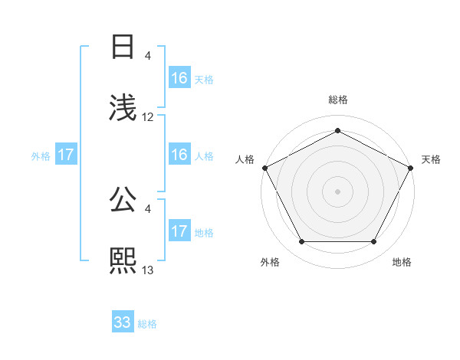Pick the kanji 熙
pyautogui.click(x=123, y=260)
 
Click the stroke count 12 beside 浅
pyautogui.click(x=148, y=117)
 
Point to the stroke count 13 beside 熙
pyautogui.click(x=148, y=270)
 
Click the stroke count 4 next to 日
pyautogui.click(x=148, y=56)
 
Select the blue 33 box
pyautogui.click(x=123, y=322)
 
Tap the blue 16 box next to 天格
pyautogui.click(x=179, y=78)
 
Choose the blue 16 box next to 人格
pyautogui.click(x=179, y=155)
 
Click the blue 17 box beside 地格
pyautogui.click(x=179, y=231)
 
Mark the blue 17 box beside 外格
pyautogui.click(x=66, y=155)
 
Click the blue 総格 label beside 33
pyautogui.click(x=147, y=324)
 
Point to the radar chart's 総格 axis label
pyautogui.click(x=338, y=100)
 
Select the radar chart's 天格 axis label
pyautogui.click(x=431, y=159)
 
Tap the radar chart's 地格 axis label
pyautogui.click(x=402, y=262)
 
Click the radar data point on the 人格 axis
pyautogui.click(x=264, y=167)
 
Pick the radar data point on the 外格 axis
pyautogui.click(x=301, y=242)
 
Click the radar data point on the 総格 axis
pyautogui.click(x=338, y=130)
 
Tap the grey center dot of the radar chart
pyautogui.click(x=338, y=191)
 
